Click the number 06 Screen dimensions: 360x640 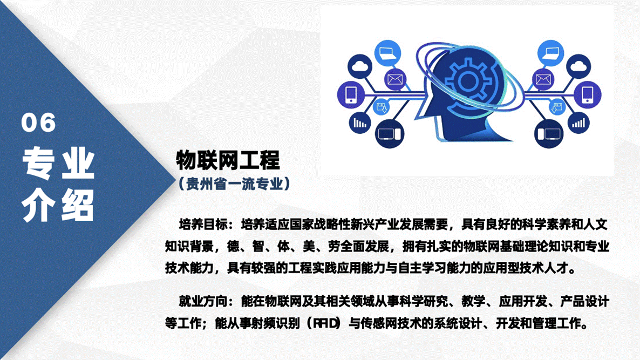coord(39,123)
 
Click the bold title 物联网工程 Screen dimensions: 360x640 coord(228,160)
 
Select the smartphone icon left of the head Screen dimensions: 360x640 coord(351,94)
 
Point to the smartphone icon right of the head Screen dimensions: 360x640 coord(588,94)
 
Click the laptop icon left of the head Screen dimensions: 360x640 coord(387,53)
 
